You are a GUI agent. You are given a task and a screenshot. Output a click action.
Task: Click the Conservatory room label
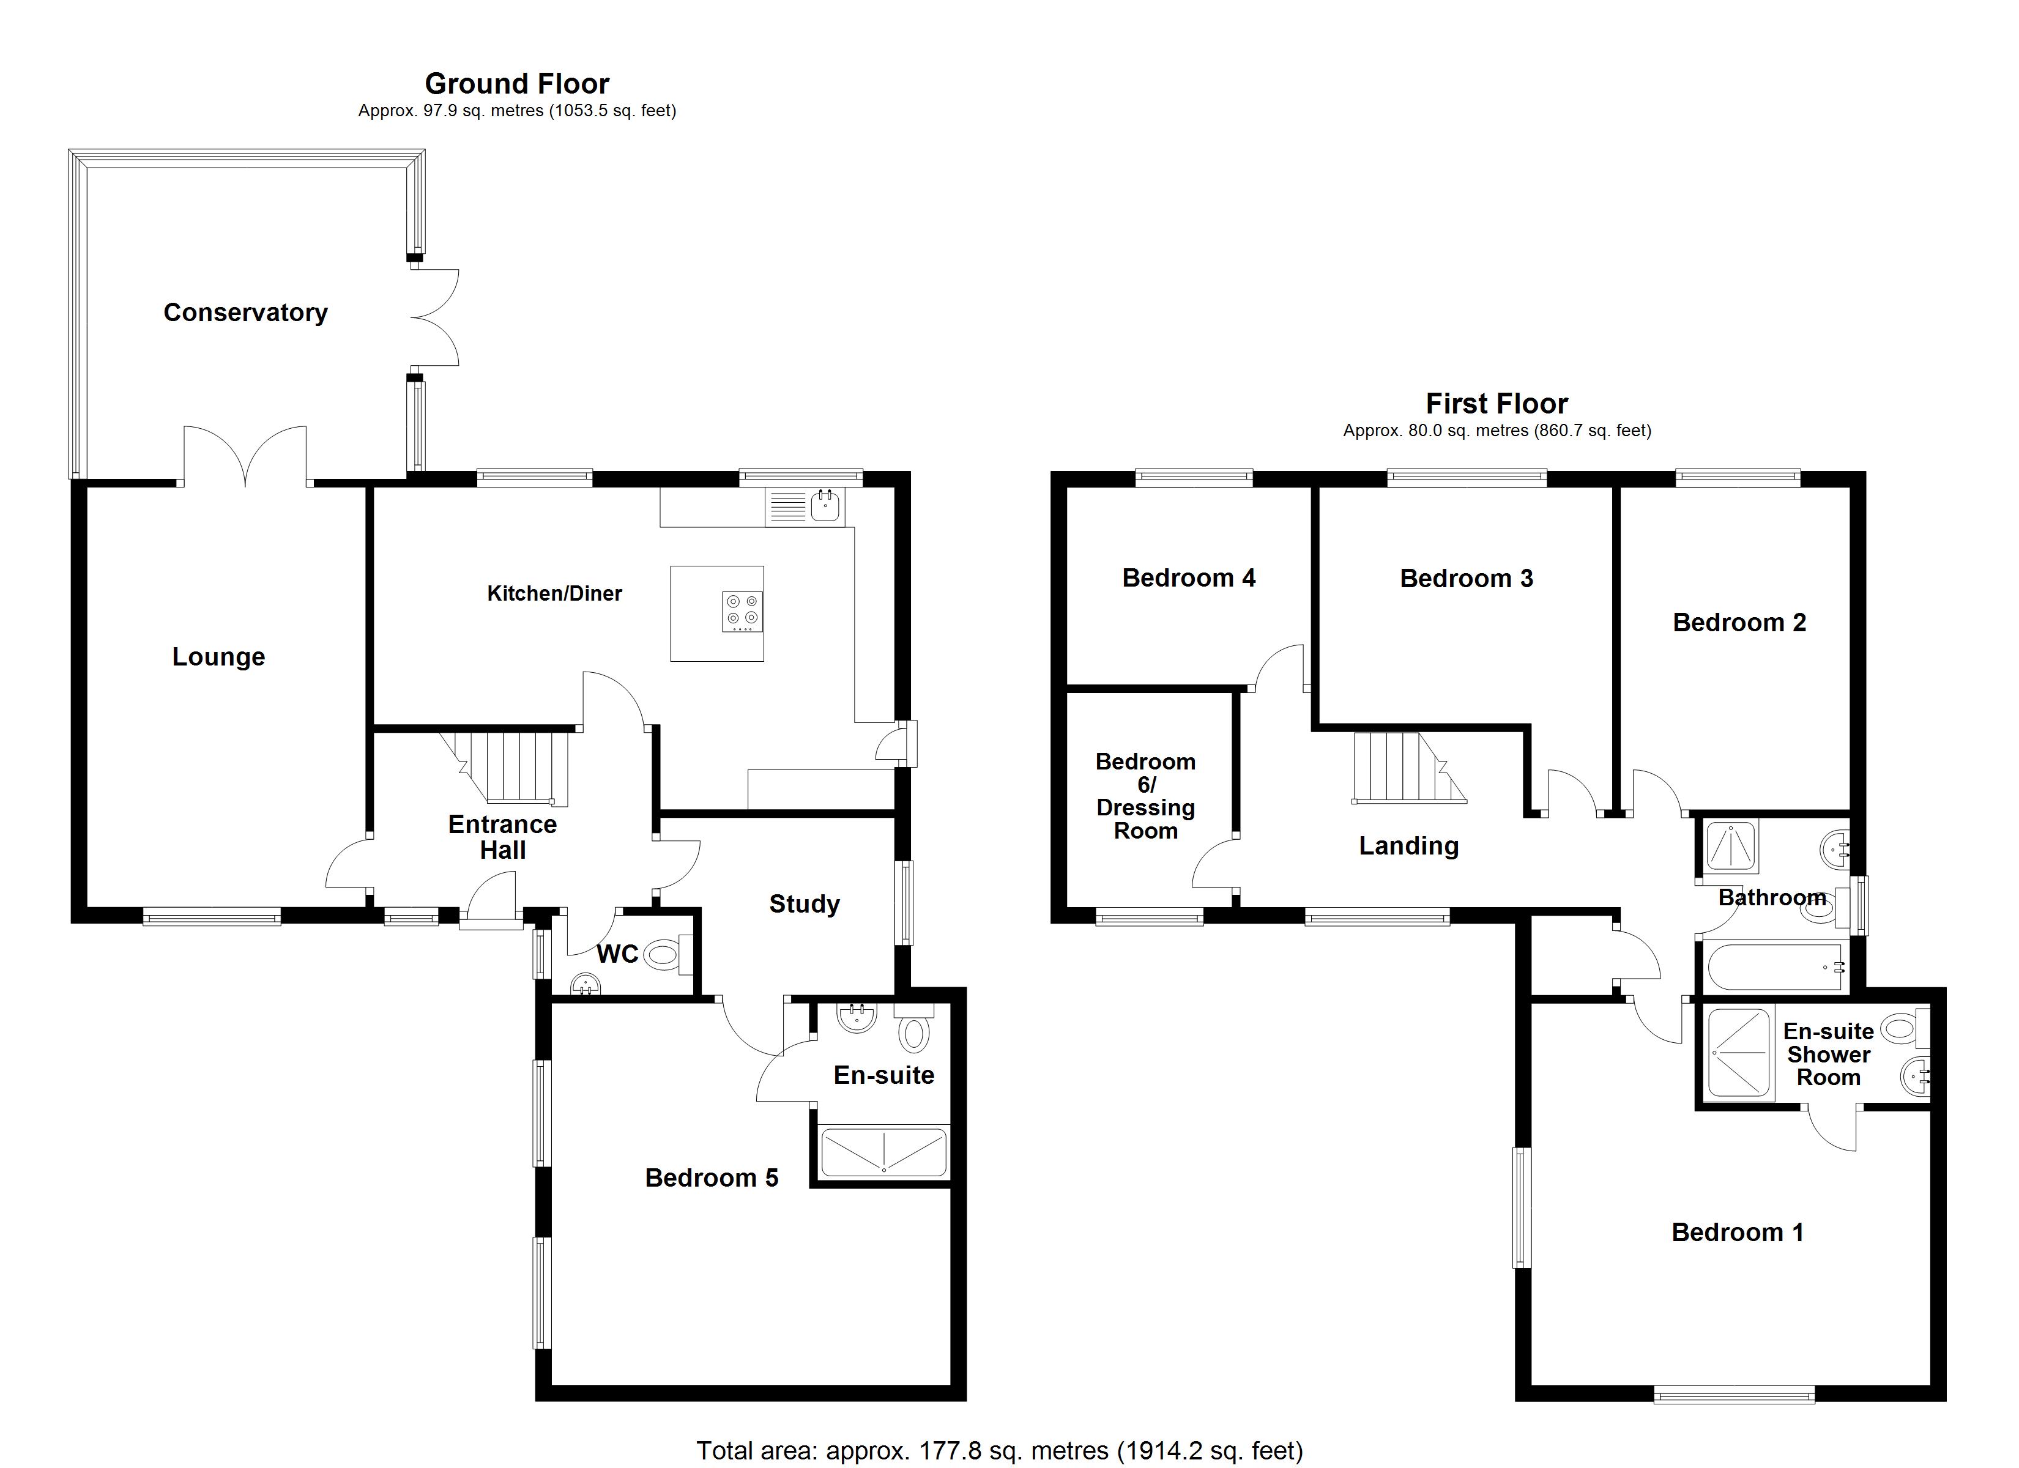pos(246,313)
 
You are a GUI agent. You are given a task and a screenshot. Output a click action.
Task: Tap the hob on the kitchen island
pos(742,612)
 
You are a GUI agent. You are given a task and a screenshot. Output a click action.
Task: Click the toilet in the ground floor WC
pos(663,955)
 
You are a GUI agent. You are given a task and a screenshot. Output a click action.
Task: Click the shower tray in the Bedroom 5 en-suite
pos(883,1151)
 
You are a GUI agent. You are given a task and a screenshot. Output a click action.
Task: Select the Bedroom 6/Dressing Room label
pos(1146,796)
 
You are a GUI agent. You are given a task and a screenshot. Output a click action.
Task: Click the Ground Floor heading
pos(516,84)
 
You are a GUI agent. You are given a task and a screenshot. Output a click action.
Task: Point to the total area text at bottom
pos(999,1450)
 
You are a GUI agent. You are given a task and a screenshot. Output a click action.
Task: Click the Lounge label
pos(218,657)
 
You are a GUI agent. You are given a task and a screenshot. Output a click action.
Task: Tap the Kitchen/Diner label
pos(554,594)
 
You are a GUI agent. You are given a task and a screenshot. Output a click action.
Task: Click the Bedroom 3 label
pos(1466,579)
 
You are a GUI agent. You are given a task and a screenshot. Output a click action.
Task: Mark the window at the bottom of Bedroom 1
pos(1733,1395)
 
